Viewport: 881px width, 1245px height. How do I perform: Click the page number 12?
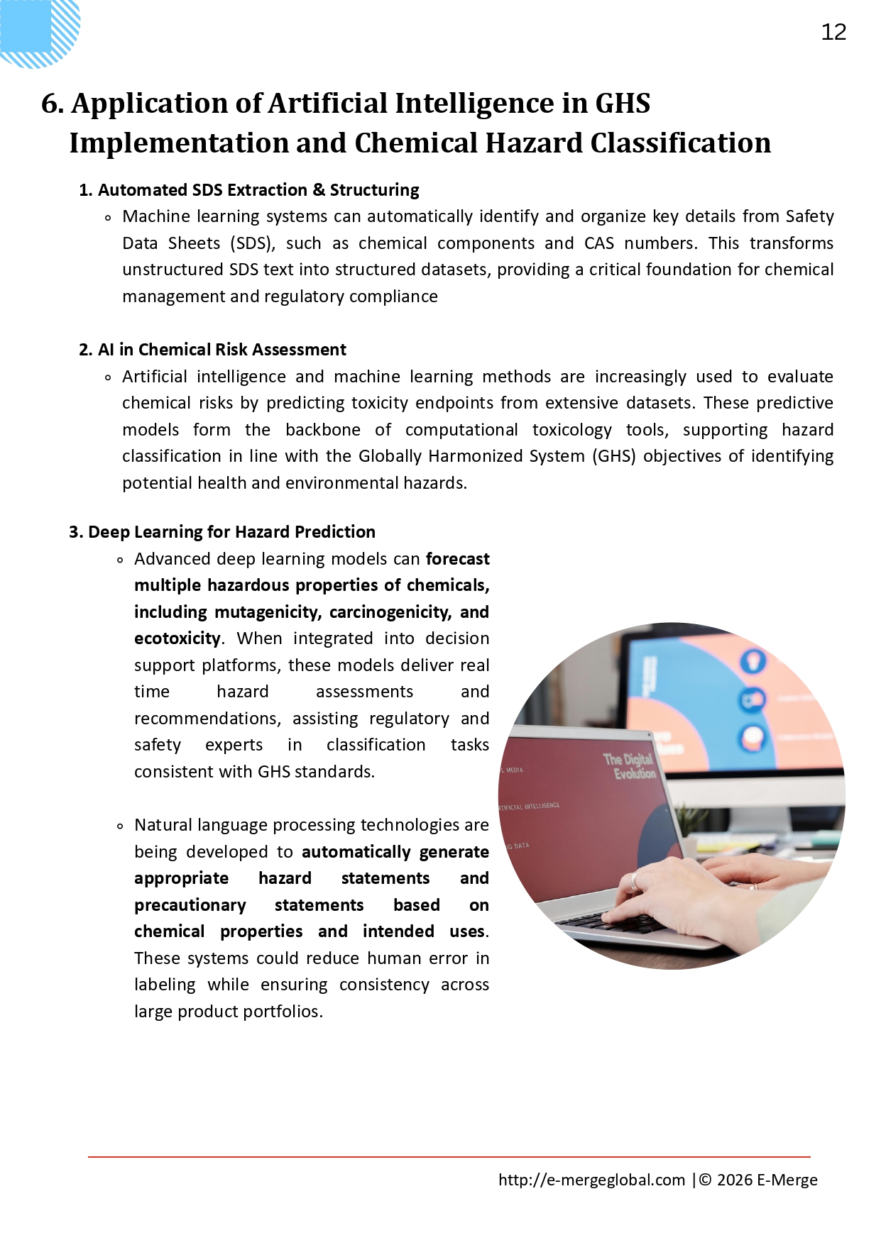833,32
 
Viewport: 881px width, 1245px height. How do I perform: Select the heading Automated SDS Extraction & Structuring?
258,190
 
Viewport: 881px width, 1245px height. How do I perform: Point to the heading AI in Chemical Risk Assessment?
221,350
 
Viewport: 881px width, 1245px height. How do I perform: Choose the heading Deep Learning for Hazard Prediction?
231,532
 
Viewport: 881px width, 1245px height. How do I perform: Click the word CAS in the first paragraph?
598,243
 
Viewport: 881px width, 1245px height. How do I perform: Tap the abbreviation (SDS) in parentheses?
252,243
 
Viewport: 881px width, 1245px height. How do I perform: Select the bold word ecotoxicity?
177,638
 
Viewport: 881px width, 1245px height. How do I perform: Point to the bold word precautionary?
190,905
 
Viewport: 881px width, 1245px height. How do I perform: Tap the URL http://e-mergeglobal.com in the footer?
591,1180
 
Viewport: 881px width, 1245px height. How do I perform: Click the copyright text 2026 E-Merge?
767,1180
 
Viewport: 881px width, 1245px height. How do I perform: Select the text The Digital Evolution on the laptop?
629,766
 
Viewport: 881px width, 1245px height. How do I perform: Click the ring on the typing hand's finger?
636,880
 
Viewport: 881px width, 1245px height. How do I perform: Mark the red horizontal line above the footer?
449,1157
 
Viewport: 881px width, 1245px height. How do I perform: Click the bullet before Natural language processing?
119,826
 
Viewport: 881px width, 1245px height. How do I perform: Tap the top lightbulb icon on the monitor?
753,661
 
